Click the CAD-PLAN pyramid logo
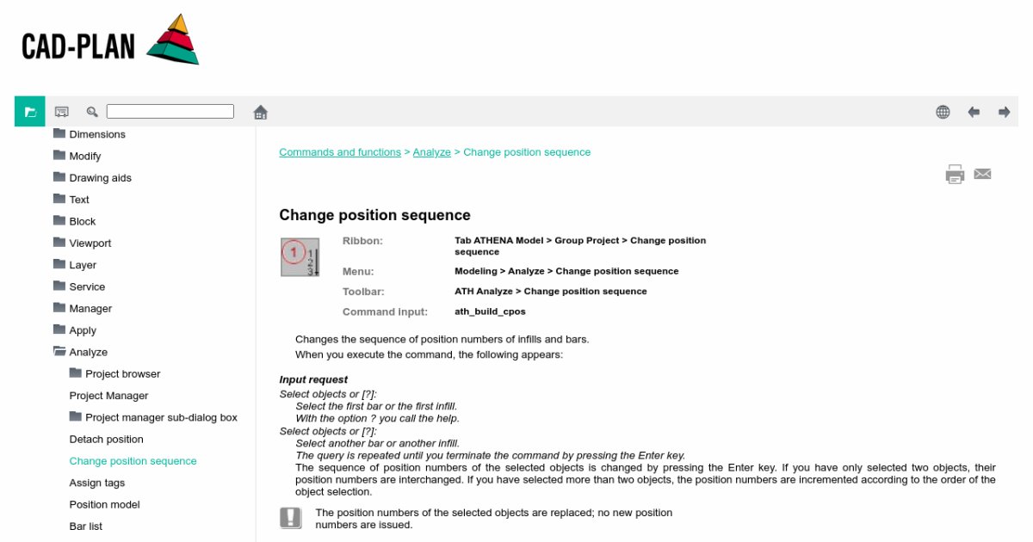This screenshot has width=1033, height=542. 172,40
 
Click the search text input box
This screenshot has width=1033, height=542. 170,112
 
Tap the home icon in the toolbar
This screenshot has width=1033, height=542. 261,112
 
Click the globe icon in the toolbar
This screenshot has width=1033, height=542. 943,112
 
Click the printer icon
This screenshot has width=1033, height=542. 955,175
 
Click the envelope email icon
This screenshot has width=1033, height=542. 982,174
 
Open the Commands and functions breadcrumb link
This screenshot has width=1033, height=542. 340,152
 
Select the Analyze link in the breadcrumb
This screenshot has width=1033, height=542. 431,152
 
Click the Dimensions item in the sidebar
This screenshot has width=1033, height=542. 97,134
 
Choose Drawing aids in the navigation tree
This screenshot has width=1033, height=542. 100,178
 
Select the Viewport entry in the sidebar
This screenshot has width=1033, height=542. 90,243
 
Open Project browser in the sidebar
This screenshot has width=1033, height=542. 122,374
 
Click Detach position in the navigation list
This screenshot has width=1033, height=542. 106,440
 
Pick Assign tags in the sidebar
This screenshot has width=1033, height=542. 97,483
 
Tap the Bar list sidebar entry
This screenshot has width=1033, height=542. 86,527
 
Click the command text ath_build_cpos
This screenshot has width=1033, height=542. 490,311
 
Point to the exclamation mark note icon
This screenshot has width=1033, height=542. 291,517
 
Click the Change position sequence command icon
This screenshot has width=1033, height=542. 300,257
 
